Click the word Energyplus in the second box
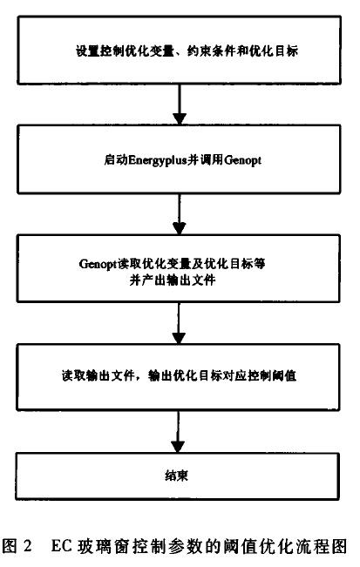(158, 160)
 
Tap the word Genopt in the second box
(242, 160)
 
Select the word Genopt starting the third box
(98, 264)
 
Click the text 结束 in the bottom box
(177, 476)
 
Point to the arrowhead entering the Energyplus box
(180, 119)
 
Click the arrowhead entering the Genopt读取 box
(179, 228)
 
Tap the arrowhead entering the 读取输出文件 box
(179, 338)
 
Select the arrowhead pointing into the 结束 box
(178, 447)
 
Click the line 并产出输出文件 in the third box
(173, 280)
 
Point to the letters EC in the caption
(62, 546)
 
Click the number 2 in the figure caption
(27, 546)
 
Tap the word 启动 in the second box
(116, 160)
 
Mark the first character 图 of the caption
(10, 546)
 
